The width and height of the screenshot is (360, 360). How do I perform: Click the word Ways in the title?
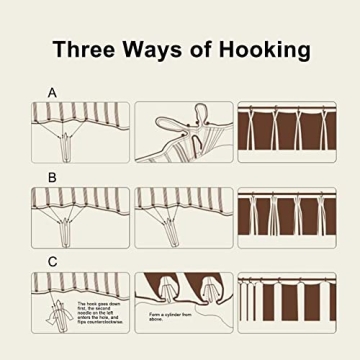click(x=148, y=49)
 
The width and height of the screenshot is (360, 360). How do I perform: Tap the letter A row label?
click(x=52, y=92)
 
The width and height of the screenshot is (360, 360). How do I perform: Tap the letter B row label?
click(x=52, y=177)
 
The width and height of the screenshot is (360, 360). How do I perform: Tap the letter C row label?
click(x=52, y=262)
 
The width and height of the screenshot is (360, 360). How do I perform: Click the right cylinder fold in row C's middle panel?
click(x=207, y=290)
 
